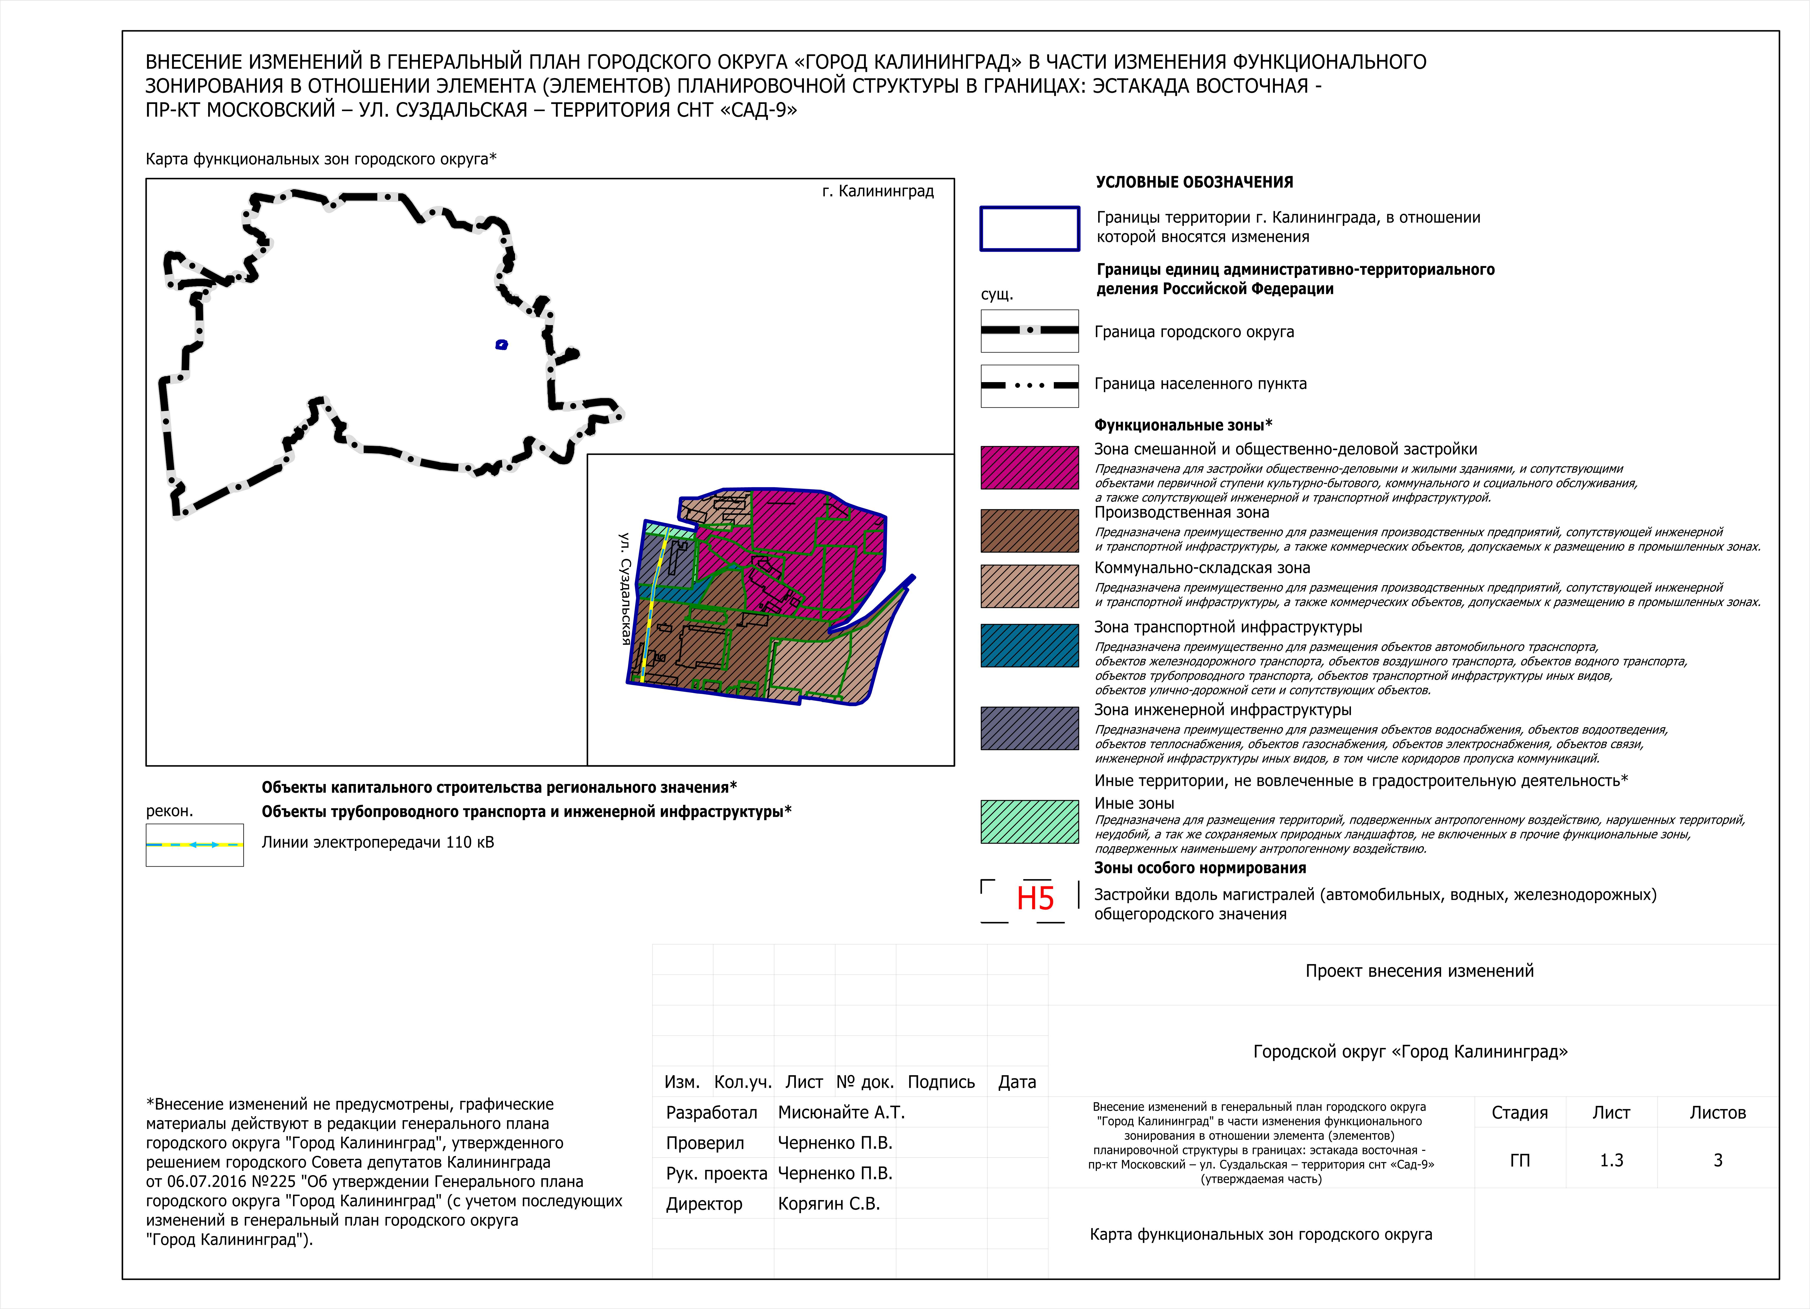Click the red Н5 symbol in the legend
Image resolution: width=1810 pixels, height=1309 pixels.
tap(1035, 899)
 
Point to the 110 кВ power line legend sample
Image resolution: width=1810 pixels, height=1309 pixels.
tap(195, 845)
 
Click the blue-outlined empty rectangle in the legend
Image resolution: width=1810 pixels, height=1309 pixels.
tap(1030, 229)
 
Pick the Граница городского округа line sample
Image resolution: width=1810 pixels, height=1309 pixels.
tap(1030, 330)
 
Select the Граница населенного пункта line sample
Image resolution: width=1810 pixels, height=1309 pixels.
tap(1030, 385)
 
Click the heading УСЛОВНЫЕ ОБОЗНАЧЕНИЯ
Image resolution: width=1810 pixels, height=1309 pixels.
tap(1194, 182)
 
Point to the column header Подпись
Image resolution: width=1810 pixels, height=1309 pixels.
tap(941, 1082)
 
